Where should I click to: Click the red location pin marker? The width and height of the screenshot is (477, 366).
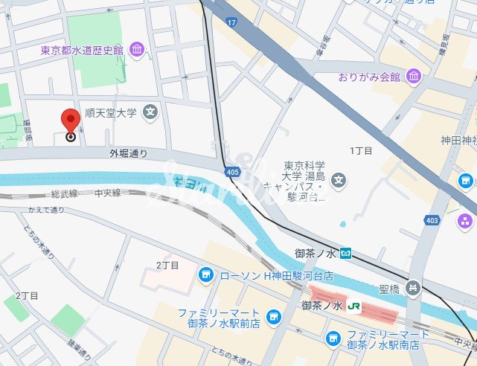coord(71,123)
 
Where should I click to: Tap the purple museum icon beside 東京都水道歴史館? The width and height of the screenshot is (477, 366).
coord(137,50)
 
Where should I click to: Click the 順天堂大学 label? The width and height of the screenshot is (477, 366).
coord(110,113)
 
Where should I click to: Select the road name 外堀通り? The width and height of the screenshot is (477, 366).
coord(128,154)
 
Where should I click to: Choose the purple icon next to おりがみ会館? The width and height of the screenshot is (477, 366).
coord(414,77)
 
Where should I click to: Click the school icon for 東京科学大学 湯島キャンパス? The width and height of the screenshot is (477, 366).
coord(339,180)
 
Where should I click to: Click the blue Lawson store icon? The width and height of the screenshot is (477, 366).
coord(207,276)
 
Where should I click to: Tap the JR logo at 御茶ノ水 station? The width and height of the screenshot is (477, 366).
coord(356,306)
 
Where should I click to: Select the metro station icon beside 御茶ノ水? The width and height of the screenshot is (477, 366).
coord(346,254)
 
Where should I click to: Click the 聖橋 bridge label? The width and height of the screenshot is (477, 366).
coord(388,287)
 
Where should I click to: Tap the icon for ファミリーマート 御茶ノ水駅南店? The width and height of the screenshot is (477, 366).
coord(333,339)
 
